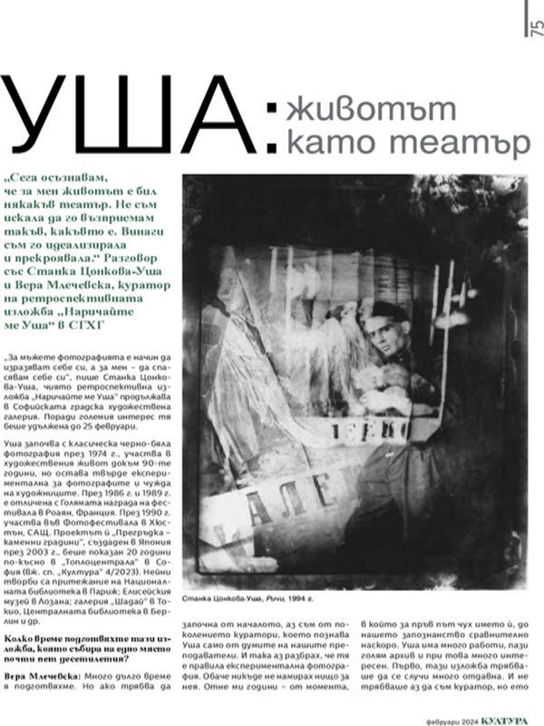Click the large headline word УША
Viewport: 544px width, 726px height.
(x=127, y=116)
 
